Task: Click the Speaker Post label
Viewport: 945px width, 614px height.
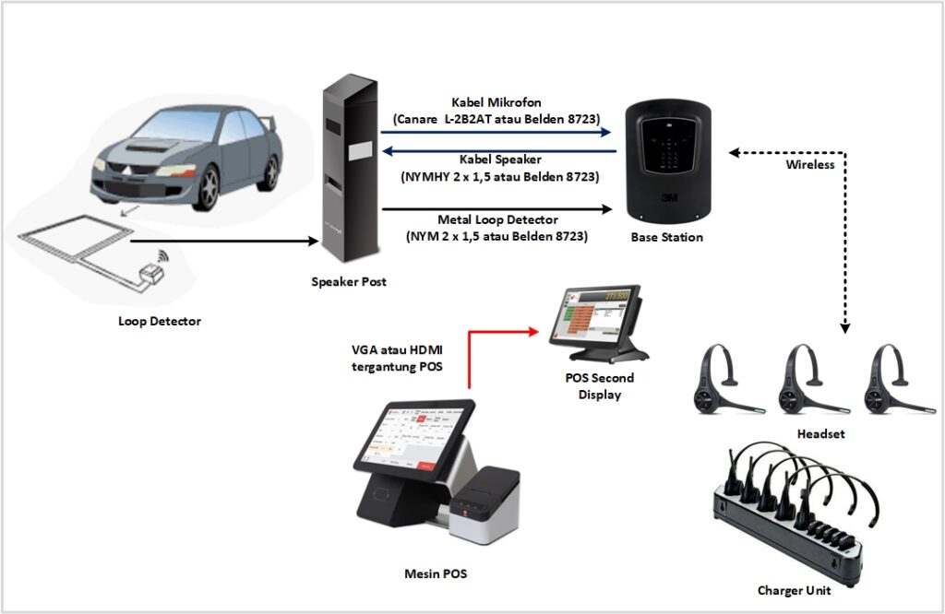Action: (348, 282)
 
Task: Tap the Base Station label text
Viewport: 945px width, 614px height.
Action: (666, 237)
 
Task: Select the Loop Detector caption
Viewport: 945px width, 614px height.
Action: (159, 322)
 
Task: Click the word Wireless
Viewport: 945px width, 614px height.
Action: (810, 164)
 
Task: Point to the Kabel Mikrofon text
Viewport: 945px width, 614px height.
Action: (496, 102)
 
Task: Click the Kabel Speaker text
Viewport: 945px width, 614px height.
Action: (500, 159)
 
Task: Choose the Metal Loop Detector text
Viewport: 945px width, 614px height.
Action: (497, 219)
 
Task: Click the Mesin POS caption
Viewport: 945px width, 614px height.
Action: (436, 573)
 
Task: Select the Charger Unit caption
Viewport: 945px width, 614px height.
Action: (794, 591)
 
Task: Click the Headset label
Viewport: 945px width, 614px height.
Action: (820, 433)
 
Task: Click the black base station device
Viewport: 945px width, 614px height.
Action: (668, 162)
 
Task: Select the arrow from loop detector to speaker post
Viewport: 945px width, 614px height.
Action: (224, 242)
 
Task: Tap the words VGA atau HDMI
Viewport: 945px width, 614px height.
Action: (397, 349)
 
